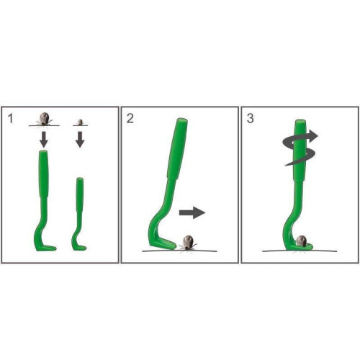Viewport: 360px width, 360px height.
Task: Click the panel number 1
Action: (10, 119)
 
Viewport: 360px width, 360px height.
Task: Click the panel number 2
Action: (130, 119)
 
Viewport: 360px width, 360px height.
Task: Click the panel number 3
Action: (250, 119)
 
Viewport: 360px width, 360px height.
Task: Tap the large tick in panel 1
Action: (44, 119)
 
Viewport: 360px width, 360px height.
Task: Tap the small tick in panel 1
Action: (81, 122)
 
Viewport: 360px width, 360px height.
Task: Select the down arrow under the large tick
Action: (44, 139)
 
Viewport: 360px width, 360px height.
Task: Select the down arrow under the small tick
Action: (80, 139)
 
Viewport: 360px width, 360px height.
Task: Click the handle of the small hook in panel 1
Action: (80, 194)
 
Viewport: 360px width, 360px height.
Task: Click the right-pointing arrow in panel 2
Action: (192, 212)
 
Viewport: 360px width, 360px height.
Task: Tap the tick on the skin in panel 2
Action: (188, 243)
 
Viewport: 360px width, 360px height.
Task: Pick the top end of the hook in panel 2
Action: (182, 120)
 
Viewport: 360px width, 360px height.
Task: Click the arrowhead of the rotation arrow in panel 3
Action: (313, 136)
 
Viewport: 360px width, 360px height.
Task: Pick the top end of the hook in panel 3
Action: (300, 121)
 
